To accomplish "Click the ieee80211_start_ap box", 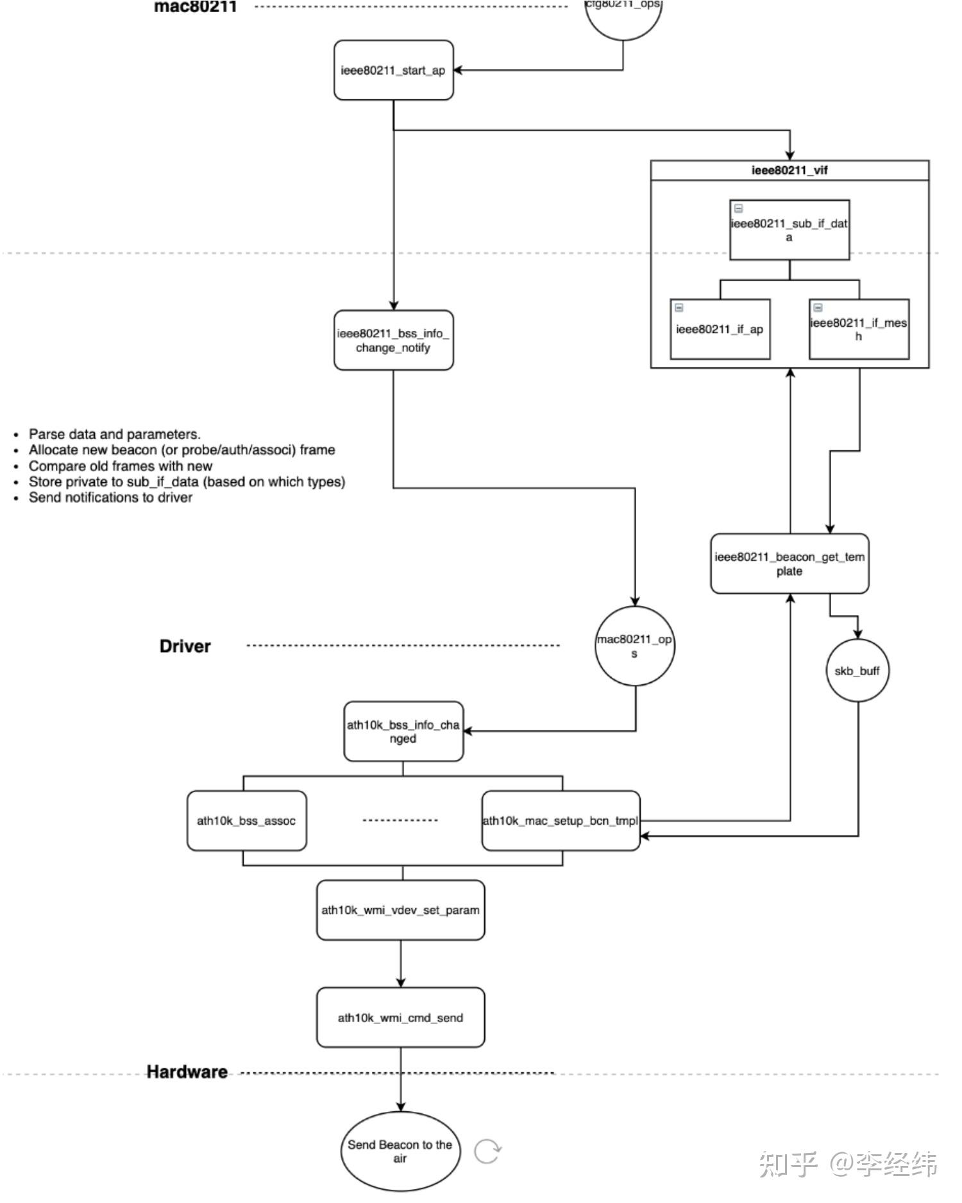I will pyautogui.click(x=393, y=71).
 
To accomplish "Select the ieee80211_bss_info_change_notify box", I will pyautogui.click(x=393, y=341).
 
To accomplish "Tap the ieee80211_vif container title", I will pyautogui.click(x=789, y=171).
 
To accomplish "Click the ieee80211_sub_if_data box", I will pyautogui.click(x=789, y=230).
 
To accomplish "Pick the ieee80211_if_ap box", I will pyautogui.click(x=720, y=330).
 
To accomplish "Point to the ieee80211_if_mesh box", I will pyautogui.click(x=859, y=330).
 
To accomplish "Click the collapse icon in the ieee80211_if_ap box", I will pyautogui.click(x=679, y=308).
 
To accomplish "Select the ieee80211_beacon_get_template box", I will pyautogui.click(x=789, y=564).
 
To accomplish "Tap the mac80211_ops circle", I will pyautogui.click(x=634, y=646).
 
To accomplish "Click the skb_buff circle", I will pyautogui.click(x=857, y=671).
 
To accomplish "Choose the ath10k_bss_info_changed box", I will pyautogui.click(x=403, y=732).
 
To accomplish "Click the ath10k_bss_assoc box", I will pyautogui.click(x=246, y=821).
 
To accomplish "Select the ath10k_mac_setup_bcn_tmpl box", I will pyautogui.click(x=560, y=821).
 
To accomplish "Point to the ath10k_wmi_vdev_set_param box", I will pyautogui.click(x=400, y=910).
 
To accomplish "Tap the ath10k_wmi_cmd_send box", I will pyautogui.click(x=400, y=1018).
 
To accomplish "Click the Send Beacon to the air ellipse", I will pyautogui.click(x=400, y=1151).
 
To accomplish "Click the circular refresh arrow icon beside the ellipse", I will pyautogui.click(x=487, y=1151).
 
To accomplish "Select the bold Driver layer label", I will pyautogui.click(x=185, y=646).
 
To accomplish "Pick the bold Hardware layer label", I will pyautogui.click(x=187, y=1072).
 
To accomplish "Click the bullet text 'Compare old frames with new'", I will pyautogui.click(x=121, y=466).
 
